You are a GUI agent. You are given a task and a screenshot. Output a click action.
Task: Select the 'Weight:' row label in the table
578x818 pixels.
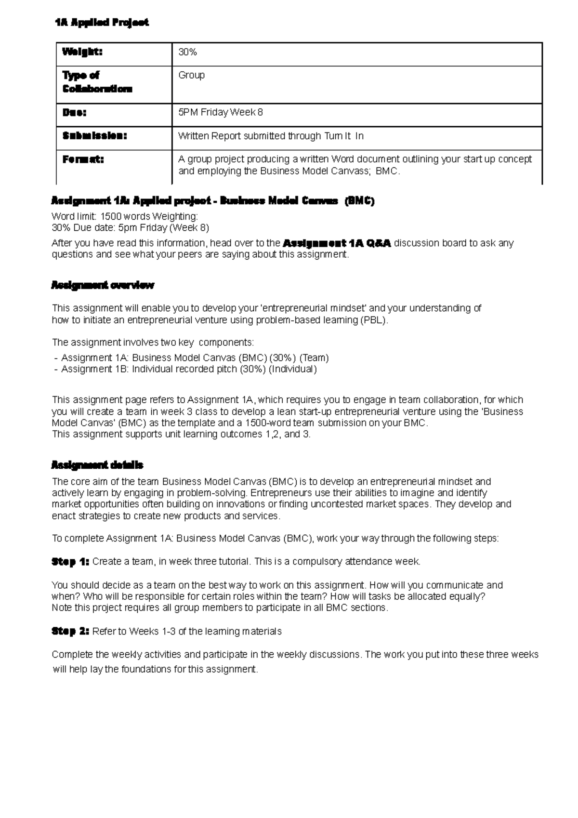pos(82,52)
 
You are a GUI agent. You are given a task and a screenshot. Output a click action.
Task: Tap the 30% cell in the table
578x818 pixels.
pos(188,52)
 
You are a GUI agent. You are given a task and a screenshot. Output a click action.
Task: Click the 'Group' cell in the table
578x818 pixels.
pos(192,75)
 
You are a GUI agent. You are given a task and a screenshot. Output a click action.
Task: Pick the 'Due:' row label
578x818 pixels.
pos(74,112)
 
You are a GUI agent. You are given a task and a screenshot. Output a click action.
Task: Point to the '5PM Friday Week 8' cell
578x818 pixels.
pos(221,112)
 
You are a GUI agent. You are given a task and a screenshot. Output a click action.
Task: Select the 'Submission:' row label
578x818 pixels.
pos(94,136)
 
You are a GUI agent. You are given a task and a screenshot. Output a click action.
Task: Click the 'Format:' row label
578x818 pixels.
pos(83,159)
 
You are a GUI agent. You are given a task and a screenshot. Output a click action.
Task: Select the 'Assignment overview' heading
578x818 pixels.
pos(103,285)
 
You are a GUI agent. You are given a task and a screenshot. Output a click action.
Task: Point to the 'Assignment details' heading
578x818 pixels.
pos(97,465)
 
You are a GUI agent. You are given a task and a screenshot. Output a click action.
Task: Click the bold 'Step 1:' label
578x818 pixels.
pos(70,562)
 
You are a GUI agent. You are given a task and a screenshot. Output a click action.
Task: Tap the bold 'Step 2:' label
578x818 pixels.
pos(70,631)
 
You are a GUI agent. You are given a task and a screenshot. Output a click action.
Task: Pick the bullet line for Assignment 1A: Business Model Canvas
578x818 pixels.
pos(191,358)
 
